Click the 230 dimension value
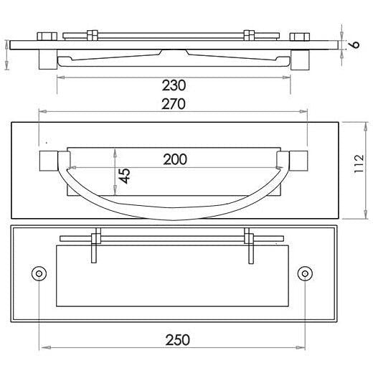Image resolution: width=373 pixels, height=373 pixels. tap(174, 85)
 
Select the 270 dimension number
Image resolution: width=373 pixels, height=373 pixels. tap(174, 104)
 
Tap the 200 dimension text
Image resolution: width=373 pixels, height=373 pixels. tap(175, 159)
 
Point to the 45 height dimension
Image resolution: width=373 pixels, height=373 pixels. tap(125, 176)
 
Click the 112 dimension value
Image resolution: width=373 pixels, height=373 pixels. tap(359, 164)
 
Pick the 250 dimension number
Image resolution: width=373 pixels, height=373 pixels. tap(178, 340)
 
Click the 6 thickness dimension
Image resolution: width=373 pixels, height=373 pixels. tap(356, 44)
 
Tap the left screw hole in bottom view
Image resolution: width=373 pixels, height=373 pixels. tap(39, 273)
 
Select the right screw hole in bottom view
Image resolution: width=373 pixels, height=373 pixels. tap(305, 273)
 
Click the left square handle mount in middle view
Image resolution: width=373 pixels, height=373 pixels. tap(49, 161)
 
